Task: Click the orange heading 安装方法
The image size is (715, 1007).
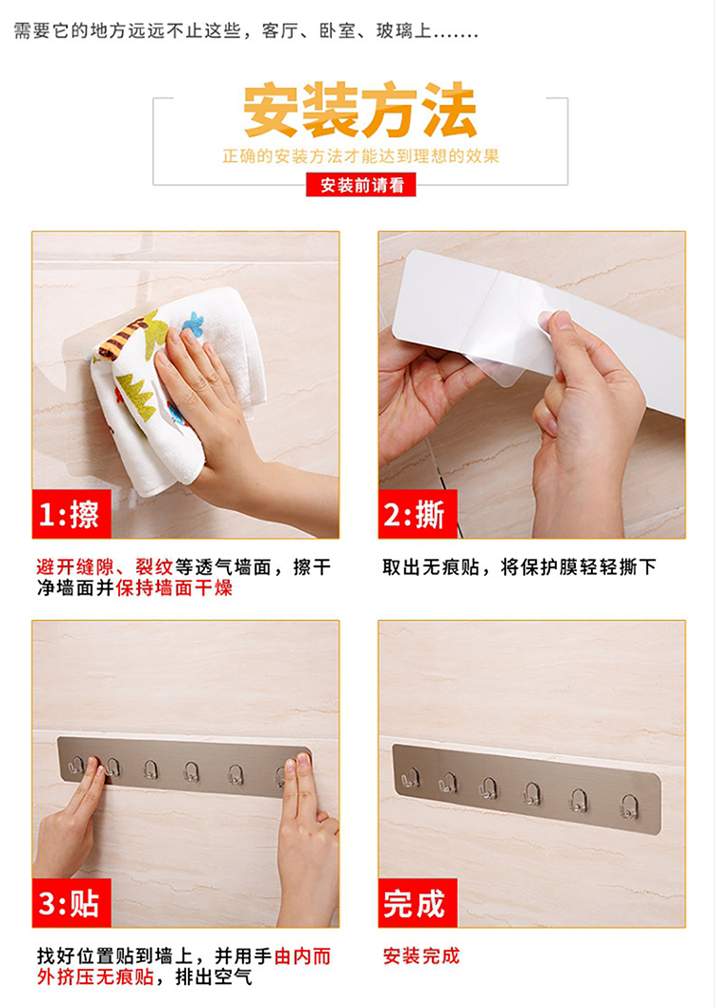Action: (360, 110)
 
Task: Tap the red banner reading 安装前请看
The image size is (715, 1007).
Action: (360, 185)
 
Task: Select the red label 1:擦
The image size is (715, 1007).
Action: (71, 514)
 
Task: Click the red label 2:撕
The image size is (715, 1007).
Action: (418, 514)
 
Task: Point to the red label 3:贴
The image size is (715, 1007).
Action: (71, 903)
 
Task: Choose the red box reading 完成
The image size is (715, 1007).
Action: (418, 903)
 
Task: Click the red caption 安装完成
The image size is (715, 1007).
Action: (421, 956)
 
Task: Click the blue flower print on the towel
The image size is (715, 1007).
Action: (193, 323)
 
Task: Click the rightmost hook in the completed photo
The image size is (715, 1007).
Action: (629, 807)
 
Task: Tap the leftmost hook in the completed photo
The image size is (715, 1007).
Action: (410, 778)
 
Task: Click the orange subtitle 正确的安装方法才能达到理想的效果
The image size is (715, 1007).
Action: (360, 156)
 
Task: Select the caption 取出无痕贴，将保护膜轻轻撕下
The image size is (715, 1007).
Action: (520, 567)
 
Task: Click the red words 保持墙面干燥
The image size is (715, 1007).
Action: (174, 587)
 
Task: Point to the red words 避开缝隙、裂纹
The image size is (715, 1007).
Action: (105, 567)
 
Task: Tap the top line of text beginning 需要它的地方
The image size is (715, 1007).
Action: (246, 31)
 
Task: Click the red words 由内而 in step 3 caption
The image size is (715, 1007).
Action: (302, 956)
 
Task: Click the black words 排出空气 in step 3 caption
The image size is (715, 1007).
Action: (214, 976)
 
